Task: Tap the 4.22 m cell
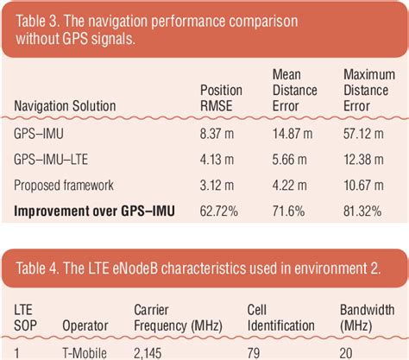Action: point(288,185)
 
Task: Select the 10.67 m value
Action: point(362,185)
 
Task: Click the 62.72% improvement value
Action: point(218,211)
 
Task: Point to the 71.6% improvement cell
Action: point(288,211)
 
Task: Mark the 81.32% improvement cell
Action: point(363,211)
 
